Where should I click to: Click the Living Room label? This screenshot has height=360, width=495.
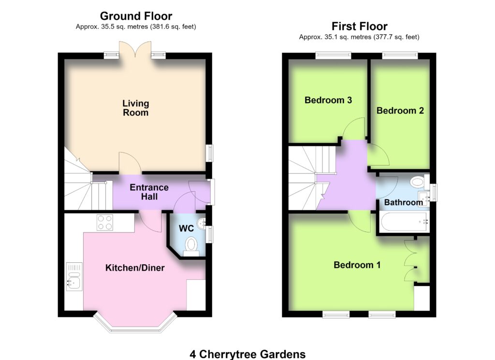135,108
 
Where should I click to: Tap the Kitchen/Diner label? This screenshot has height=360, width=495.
135,268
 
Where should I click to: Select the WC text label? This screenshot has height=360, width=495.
186,229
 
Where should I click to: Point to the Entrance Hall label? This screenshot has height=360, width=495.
149,192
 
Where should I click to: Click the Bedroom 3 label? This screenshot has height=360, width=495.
328,100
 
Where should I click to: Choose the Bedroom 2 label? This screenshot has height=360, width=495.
400,111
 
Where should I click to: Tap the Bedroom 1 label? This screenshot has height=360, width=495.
357,265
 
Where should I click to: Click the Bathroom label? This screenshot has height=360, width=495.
404,202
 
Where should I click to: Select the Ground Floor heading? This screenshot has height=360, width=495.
136,16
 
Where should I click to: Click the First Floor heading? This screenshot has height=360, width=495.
359,26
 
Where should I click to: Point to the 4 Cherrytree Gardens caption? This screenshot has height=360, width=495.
247,354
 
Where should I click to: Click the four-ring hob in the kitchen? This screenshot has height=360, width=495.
105,222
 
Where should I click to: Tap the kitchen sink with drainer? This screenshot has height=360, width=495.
74,276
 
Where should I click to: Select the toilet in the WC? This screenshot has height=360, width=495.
191,246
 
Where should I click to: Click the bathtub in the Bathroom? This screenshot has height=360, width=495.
405,223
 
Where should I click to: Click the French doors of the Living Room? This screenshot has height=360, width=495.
135,50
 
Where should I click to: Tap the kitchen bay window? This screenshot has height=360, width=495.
135,323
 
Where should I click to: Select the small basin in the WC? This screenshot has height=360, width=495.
202,223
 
